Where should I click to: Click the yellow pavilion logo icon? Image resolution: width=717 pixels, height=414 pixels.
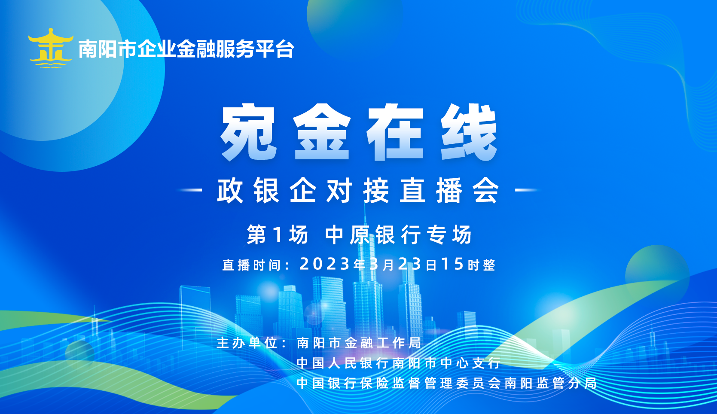click(51, 48)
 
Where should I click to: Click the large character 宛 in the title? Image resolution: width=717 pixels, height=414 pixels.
click(249, 132)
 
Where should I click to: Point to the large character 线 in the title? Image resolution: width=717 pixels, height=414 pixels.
click(469, 132)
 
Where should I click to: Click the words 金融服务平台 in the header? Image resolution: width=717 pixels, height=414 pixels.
click(235, 49)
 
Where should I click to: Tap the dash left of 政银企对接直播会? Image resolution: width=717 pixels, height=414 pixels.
click(191, 190)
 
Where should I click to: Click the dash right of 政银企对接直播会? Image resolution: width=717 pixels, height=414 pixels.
click(526, 190)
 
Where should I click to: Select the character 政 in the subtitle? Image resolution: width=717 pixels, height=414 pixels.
click(230, 190)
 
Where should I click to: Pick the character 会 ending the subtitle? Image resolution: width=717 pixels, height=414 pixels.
click(486, 190)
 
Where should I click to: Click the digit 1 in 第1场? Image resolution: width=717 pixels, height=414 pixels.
click(278, 234)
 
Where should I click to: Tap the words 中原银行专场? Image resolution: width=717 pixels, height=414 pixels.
click(399, 234)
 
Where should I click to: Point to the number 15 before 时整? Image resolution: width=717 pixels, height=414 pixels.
click(453, 264)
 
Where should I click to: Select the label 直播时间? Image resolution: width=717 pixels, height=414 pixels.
click(252, 265)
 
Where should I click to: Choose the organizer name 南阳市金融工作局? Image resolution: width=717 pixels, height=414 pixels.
click(359, 343)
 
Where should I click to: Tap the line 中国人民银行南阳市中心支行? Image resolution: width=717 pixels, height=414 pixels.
click(399, 363)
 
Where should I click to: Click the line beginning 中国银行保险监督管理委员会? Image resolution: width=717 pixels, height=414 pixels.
click(446, 383)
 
